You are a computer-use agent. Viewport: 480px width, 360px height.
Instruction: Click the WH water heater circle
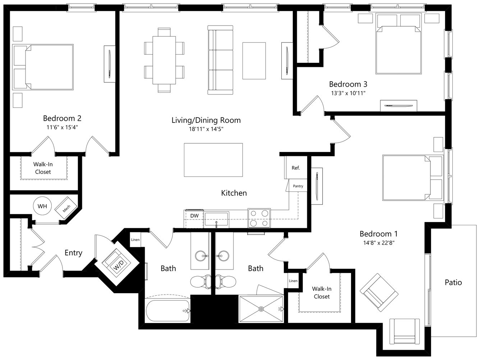coord(42,206)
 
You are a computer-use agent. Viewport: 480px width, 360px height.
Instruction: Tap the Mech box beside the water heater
coord(66,208)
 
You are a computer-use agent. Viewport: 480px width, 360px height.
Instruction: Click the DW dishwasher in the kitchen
coord(194,218)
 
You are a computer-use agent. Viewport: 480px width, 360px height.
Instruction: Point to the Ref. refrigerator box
coord(296,168)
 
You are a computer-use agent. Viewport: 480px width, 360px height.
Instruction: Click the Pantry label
coord(298,186)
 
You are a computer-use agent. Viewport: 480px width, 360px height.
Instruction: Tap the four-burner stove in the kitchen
coord(259,218)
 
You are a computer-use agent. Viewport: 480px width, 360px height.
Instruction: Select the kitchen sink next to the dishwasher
coord(216,219)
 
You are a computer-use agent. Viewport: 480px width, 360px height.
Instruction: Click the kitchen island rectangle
coord(213,160)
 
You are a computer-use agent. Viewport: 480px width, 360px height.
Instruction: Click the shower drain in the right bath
coord(261,309)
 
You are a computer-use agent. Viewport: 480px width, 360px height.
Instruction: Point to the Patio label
coord(453,282)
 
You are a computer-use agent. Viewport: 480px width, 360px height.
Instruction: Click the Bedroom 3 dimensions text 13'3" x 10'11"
coord(348,93)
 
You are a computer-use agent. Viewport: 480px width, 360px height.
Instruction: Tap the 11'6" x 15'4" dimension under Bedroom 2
coord(62,127)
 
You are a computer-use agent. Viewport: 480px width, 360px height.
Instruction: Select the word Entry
coord(74,253)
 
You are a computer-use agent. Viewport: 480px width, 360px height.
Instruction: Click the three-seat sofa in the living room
coord(220,60)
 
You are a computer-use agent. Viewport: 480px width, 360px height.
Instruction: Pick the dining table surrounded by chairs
coord(164,60)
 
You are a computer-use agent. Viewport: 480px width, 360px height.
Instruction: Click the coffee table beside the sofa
coord(254,61)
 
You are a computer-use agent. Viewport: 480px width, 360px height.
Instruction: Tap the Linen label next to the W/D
coord(135,240)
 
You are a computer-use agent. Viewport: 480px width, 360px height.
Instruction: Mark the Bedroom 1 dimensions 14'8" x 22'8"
coord(379,243)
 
